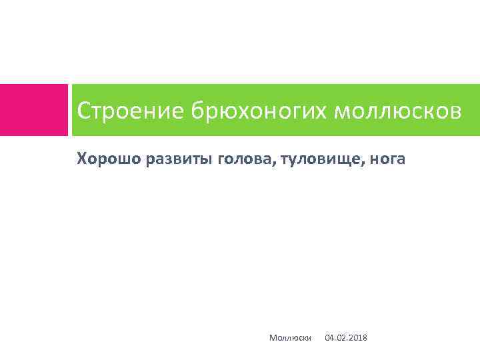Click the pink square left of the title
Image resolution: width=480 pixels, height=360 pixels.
pos(33,110)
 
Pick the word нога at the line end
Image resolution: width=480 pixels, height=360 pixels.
pos(387,159)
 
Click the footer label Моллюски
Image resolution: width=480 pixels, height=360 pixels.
pos(291,339)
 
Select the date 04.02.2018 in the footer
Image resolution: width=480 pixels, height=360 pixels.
pos(345,339)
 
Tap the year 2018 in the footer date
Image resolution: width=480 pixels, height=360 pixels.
pos(357,339)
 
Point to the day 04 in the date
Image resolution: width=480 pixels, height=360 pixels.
pos(329,339)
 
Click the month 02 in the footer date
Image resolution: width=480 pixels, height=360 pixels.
pos(341,339)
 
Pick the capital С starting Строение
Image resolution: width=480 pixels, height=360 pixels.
pos(84,111)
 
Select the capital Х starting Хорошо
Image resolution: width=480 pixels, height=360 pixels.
pos(82,159)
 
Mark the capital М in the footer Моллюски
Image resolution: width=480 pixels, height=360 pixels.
pos(273,339)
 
